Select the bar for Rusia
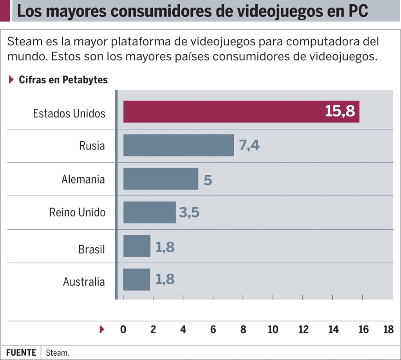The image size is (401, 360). coord(179,145)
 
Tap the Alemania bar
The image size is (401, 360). coord(161,179)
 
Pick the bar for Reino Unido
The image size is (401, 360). coord(149,212)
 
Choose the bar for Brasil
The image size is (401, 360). coord(137,246)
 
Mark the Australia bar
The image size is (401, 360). coord(137,279)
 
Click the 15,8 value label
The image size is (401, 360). coord(340,112)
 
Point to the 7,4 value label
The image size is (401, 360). coord(249,145)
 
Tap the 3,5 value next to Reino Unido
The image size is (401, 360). coord(189,212)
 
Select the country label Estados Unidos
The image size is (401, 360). coord(69,113)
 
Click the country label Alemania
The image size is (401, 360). coord(83,179)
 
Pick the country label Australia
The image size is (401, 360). coord(84,282)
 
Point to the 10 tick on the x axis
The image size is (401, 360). coord(273,329)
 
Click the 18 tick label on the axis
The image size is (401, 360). coord(388,329)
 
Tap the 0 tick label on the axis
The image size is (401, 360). coord(123,329)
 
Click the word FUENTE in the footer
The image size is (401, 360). coord(21,352)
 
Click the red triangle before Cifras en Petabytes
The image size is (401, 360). coord(11,80)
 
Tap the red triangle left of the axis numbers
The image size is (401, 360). coord(102,329)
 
